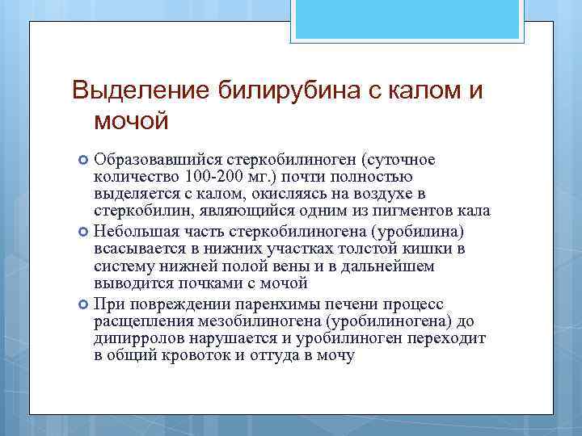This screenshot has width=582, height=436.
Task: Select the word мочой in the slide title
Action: click(132, 121)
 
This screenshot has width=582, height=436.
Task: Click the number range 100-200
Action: click(212, 178)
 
